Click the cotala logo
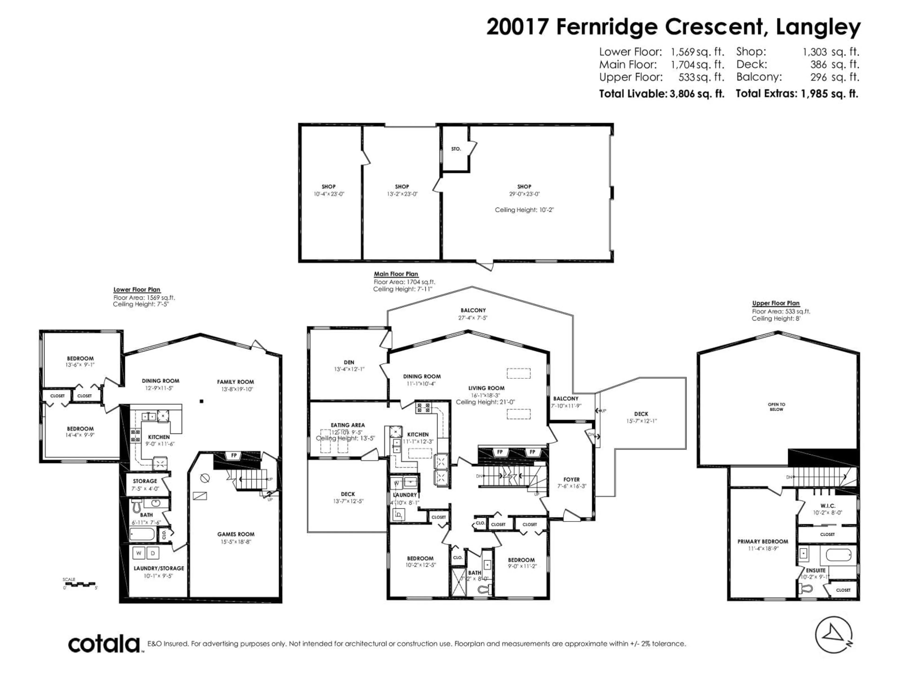tap(104, 644)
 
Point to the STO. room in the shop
tap(456, 149)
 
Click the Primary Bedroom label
tap(763, 542)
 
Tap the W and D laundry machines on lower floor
tap(145, 553)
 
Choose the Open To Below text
tap(776, 407)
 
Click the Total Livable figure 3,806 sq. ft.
tap(697, 94)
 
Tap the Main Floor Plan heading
tap(396, 274)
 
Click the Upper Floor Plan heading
tap(775, 303)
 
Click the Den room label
tap(349, 362)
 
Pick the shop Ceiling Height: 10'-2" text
tap(524, 210)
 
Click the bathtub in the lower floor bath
tap(142, 534)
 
